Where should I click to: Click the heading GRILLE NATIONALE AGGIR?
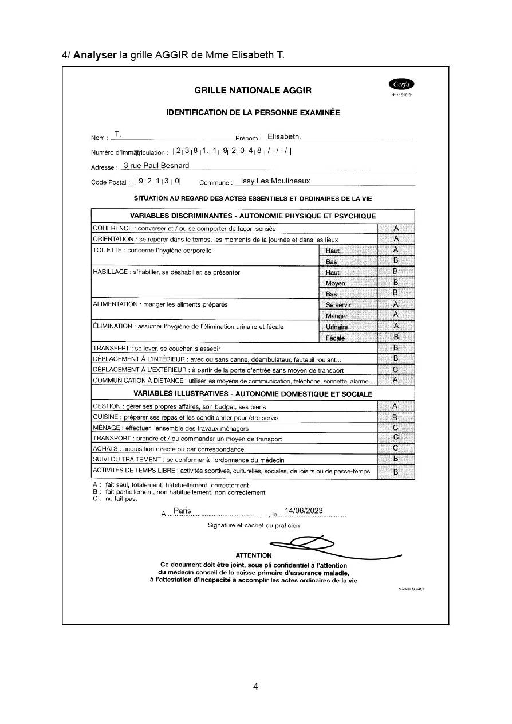(253, 91)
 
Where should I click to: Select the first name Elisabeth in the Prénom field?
(283, 136)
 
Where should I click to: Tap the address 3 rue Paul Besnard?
(156, 165)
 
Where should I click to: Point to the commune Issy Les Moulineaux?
(275, 181)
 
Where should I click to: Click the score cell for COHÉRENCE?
(395, 228)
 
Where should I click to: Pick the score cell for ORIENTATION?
(395, 238)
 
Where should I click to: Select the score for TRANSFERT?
(395, 347)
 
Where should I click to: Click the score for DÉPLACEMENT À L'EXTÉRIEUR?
(395, 370)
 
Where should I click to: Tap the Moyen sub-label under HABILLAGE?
(336, 283)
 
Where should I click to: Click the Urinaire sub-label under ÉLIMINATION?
(337, 327)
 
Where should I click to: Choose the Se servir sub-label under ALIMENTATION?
(338, 305)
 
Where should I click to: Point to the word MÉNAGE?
(106, 428)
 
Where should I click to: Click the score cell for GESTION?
(395, 406)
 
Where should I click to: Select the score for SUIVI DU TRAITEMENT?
(395, 459)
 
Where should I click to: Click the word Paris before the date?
(182, 510)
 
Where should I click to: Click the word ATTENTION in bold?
(254, 555)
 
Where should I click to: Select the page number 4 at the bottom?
(255, 686)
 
